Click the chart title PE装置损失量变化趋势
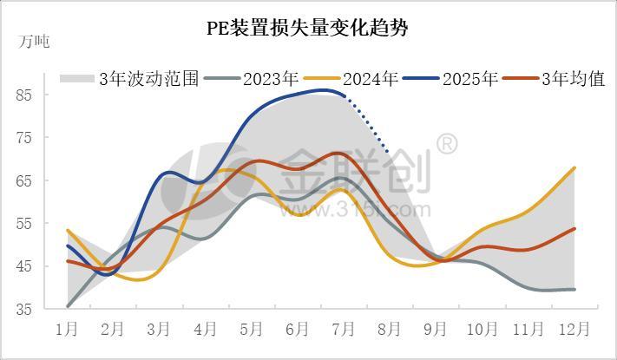(x=307, y=28)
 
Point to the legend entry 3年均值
(x=573, y=79)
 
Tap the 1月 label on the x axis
(x=67, y=330)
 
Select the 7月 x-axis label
(x=344, y=330)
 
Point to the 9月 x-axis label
(x=436, y=330)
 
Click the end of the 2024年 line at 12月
(x=574, y=168)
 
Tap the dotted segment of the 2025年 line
(x=368, y=126)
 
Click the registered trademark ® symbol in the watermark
(x=446, y=144)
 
